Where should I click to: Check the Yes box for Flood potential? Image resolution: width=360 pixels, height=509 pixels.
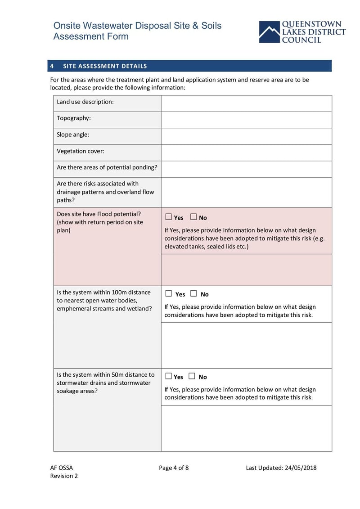tap(169, 217)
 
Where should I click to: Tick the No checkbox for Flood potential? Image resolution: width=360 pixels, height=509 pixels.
tap(193, 217)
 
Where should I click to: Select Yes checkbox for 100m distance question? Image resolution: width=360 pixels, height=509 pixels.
tap(169, 293)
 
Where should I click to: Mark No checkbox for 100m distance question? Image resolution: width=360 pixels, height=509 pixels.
tap(193, 293)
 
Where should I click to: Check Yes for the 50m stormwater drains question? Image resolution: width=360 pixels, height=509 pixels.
tap(169, 376)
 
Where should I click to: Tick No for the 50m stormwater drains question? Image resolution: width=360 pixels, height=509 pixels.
tap(192, 376)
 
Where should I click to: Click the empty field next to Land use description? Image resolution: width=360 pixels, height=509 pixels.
tap(246, 103)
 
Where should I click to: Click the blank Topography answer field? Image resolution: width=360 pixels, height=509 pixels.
tap(246, 120)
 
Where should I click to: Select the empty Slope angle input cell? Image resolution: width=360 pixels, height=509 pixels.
tap(246, 136)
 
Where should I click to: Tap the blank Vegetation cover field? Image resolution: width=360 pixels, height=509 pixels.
tap(246, 153)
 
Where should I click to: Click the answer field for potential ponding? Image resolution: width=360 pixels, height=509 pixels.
tap(246, 169)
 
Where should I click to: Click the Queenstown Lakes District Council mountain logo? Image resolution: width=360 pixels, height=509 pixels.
tap(269, 32)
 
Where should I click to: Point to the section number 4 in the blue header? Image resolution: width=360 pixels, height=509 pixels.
tap(52, 66)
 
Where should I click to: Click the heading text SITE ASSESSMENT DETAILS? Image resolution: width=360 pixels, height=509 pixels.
tap(105, 66)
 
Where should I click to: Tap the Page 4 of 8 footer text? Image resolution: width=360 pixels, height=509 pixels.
tap(174, 468)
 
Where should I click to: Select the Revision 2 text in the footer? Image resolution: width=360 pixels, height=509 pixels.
tap(64, 476)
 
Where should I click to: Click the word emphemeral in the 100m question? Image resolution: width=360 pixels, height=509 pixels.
tap(74, 309)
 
